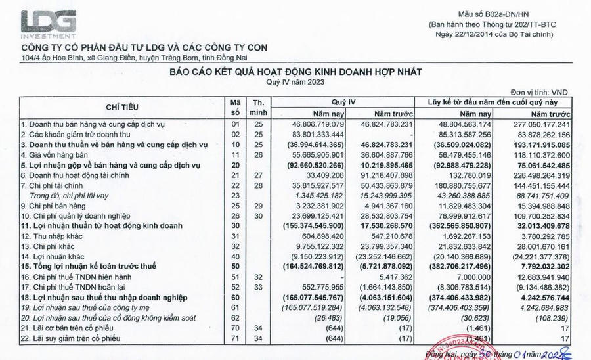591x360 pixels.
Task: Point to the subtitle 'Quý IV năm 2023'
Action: (x=295, y=82)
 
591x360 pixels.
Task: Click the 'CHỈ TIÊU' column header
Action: (x=122, y=106)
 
